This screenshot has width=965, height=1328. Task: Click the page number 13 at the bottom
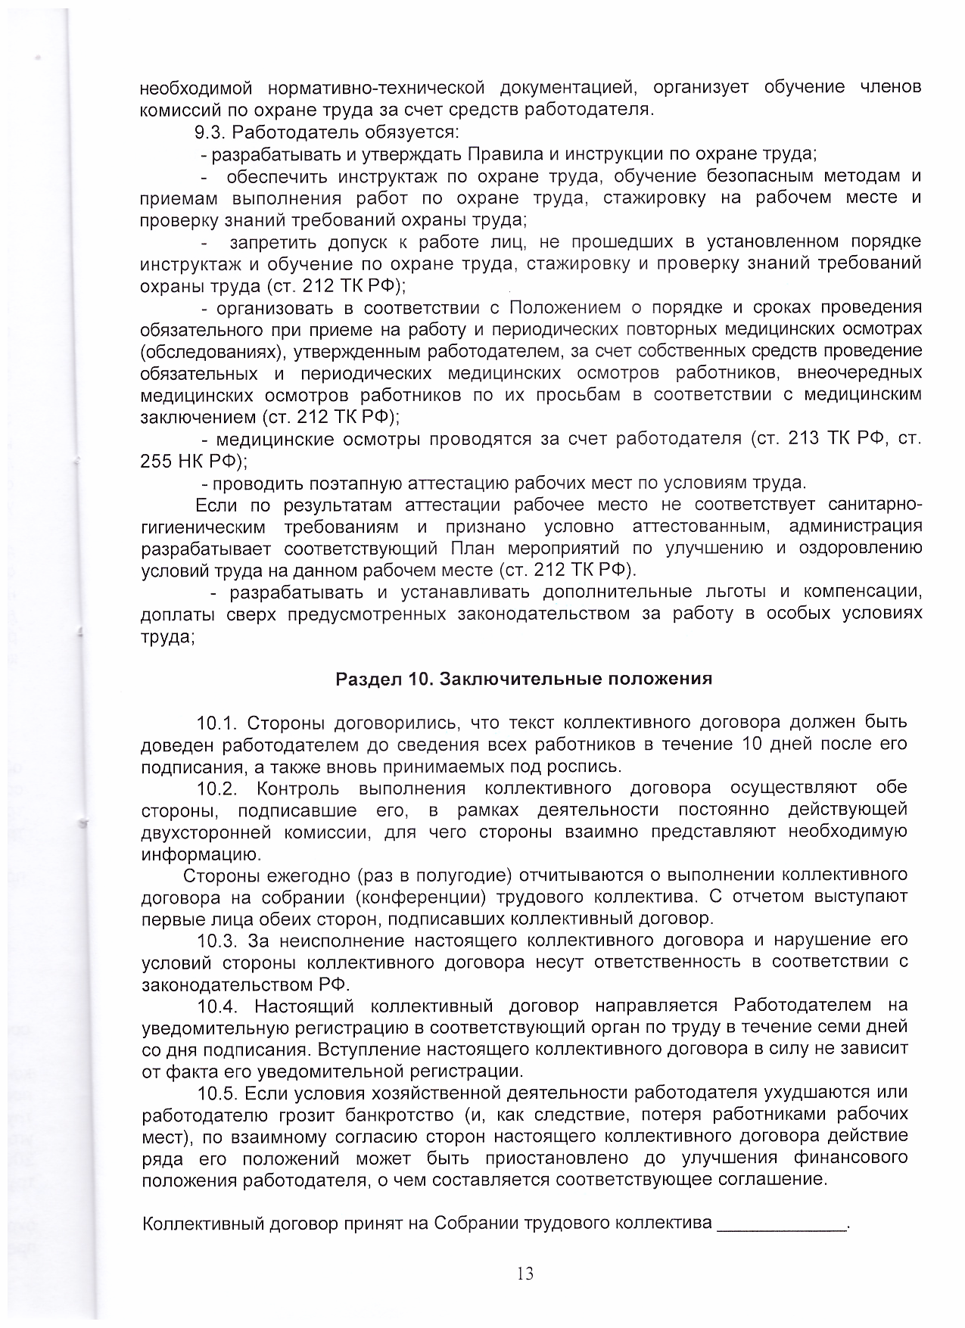(525, 1274)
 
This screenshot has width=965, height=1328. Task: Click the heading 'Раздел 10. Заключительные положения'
(524, 679)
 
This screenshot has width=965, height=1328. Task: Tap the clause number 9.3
(210, 132)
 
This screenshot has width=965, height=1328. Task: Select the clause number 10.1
(217, 722)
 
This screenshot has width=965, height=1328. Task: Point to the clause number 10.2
(217, 788)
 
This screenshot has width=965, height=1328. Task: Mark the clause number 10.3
(217, 941)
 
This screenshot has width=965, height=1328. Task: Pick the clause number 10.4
(217, 1006)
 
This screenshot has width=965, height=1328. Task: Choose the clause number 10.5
(217, 1094)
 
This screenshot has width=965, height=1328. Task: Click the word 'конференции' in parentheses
(419, 898)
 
